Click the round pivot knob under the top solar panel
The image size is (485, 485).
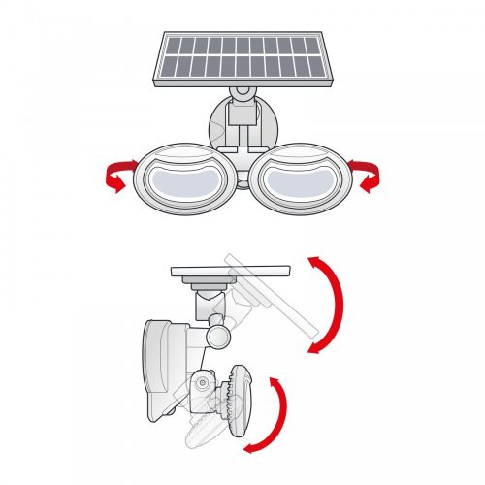point(240,95)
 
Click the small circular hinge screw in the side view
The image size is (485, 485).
point(201,383)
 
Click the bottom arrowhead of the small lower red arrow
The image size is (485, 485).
point(249,446)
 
